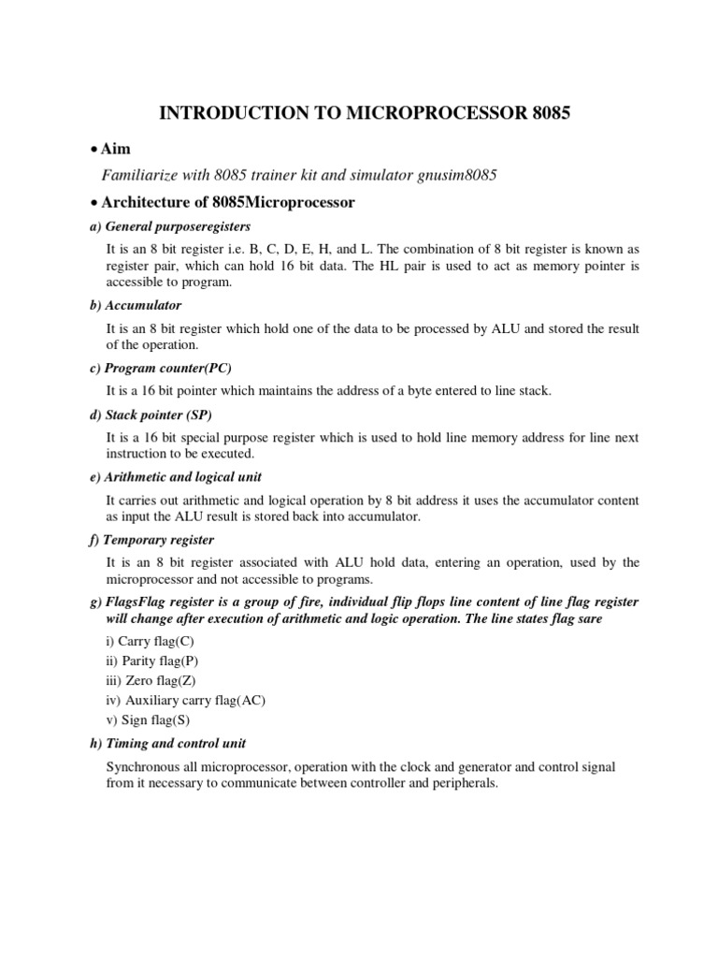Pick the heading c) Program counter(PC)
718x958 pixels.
point(165,368)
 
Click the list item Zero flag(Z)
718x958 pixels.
point(154,680)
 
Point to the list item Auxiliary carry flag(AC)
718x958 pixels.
point(186,700)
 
